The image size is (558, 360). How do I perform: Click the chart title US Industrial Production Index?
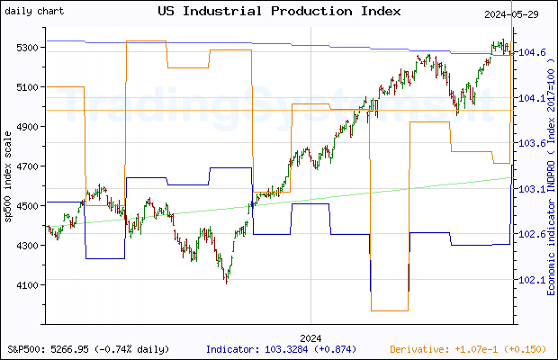point(279,11)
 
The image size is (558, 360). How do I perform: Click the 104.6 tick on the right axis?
point(531,53)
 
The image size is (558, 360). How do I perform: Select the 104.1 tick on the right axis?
point(531,99)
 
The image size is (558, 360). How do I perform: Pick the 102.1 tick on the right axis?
point(531,280)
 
